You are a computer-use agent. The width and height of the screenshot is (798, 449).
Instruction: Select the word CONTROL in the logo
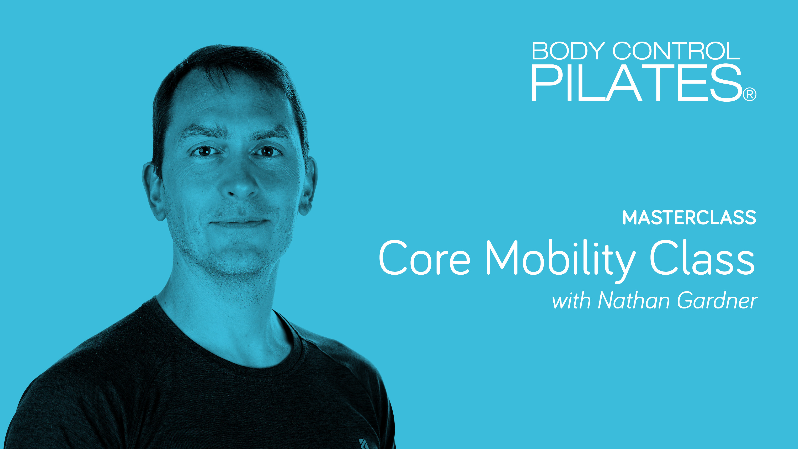(x=676, y=51)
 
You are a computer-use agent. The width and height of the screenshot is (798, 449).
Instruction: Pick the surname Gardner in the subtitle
(x=717, y=301)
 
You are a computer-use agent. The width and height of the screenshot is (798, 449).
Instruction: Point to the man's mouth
(x=239, y=222)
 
